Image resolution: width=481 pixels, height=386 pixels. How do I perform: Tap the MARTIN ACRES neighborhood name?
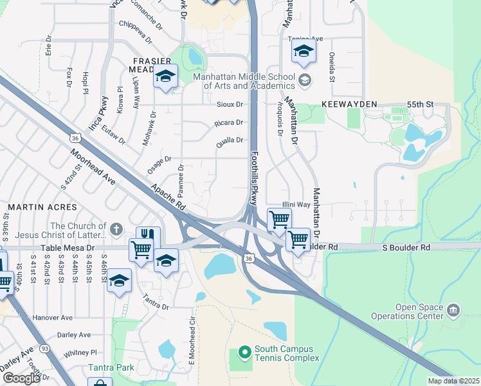coord(42,207)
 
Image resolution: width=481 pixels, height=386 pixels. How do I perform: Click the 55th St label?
coord(421,104)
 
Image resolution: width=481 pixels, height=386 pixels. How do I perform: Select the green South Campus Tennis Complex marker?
coord(244,351)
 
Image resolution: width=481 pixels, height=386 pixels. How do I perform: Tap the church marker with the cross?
coord(116,229)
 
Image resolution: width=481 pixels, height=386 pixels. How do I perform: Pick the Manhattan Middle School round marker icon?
coord(305,81)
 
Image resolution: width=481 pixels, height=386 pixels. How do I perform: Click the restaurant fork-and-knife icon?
coord(149,236)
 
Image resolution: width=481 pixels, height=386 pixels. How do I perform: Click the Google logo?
coord(21,378)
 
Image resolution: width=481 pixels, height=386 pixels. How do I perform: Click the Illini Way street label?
coord(296,204)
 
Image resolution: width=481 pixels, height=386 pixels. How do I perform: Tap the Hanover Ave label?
coord(53,318)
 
